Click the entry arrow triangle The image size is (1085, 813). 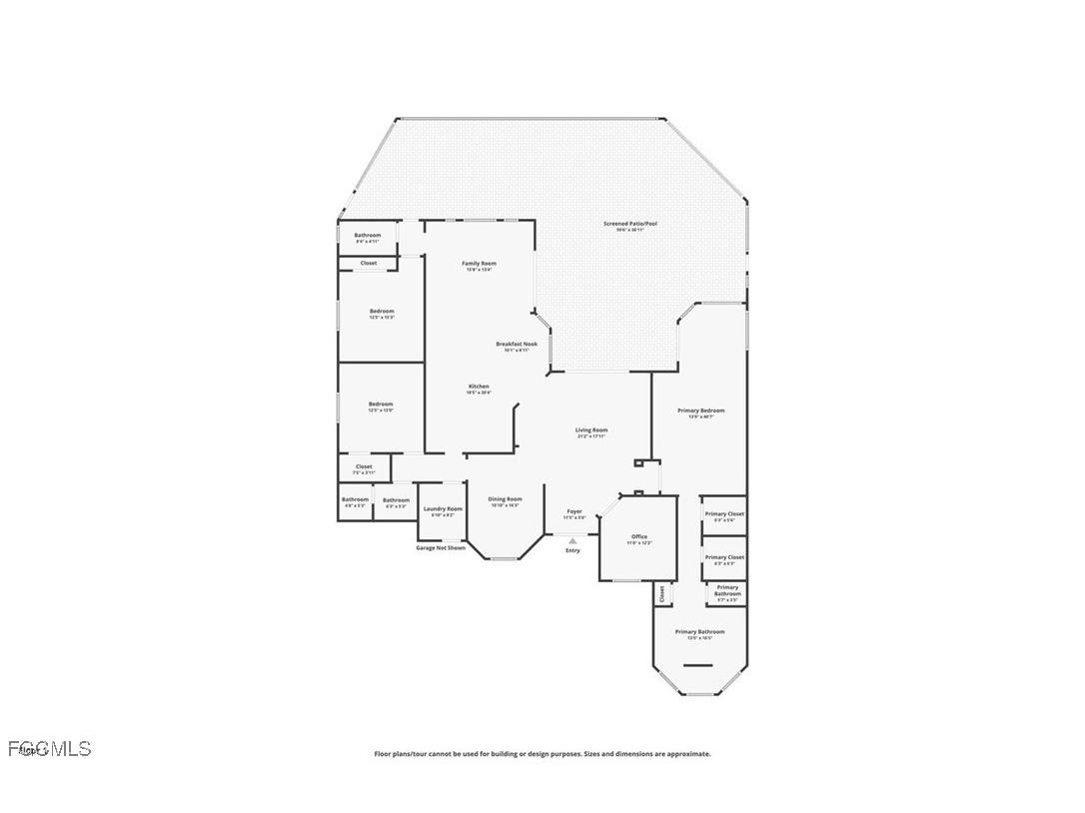coord(572,541)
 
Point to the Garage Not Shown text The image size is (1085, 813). coord(441,547)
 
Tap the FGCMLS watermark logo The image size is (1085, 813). coord(49,748)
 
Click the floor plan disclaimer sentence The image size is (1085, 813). coord(542,754)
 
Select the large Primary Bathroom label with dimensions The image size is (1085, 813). coord(699,633)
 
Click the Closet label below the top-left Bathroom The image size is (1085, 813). coord(369,263)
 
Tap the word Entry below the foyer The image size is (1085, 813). coord(572,550)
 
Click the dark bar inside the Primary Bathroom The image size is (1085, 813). coord(698,665)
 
